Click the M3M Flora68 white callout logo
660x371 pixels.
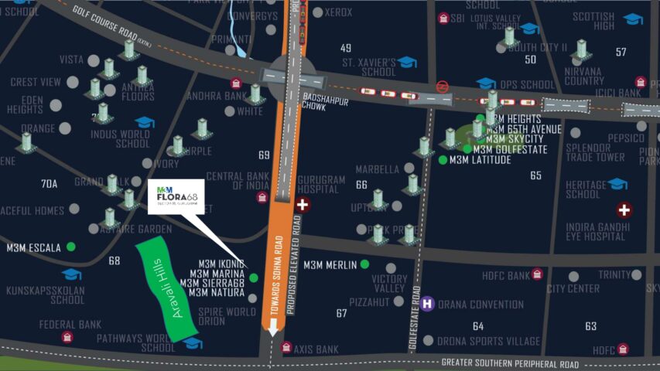(176, 196)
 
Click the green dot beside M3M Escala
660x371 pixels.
(71, 247)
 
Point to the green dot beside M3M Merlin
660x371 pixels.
(364, 264)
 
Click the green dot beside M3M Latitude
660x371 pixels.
(443, 160)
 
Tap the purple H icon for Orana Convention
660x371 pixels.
(427, 304)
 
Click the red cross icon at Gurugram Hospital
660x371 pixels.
(303, 205)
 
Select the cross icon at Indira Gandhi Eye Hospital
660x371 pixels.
(624, 209)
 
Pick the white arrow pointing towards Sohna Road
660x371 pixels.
(272, 329)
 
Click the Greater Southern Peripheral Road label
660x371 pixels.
(510, 363)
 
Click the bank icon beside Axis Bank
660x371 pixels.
(286, 348)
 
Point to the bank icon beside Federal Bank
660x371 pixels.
(67, 336)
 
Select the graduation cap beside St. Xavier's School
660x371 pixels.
(408, 62)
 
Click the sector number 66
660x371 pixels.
(361, 185)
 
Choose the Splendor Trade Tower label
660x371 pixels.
(595, 152)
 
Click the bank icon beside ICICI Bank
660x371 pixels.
(641, 81)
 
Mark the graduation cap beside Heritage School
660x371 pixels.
(617, 184)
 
